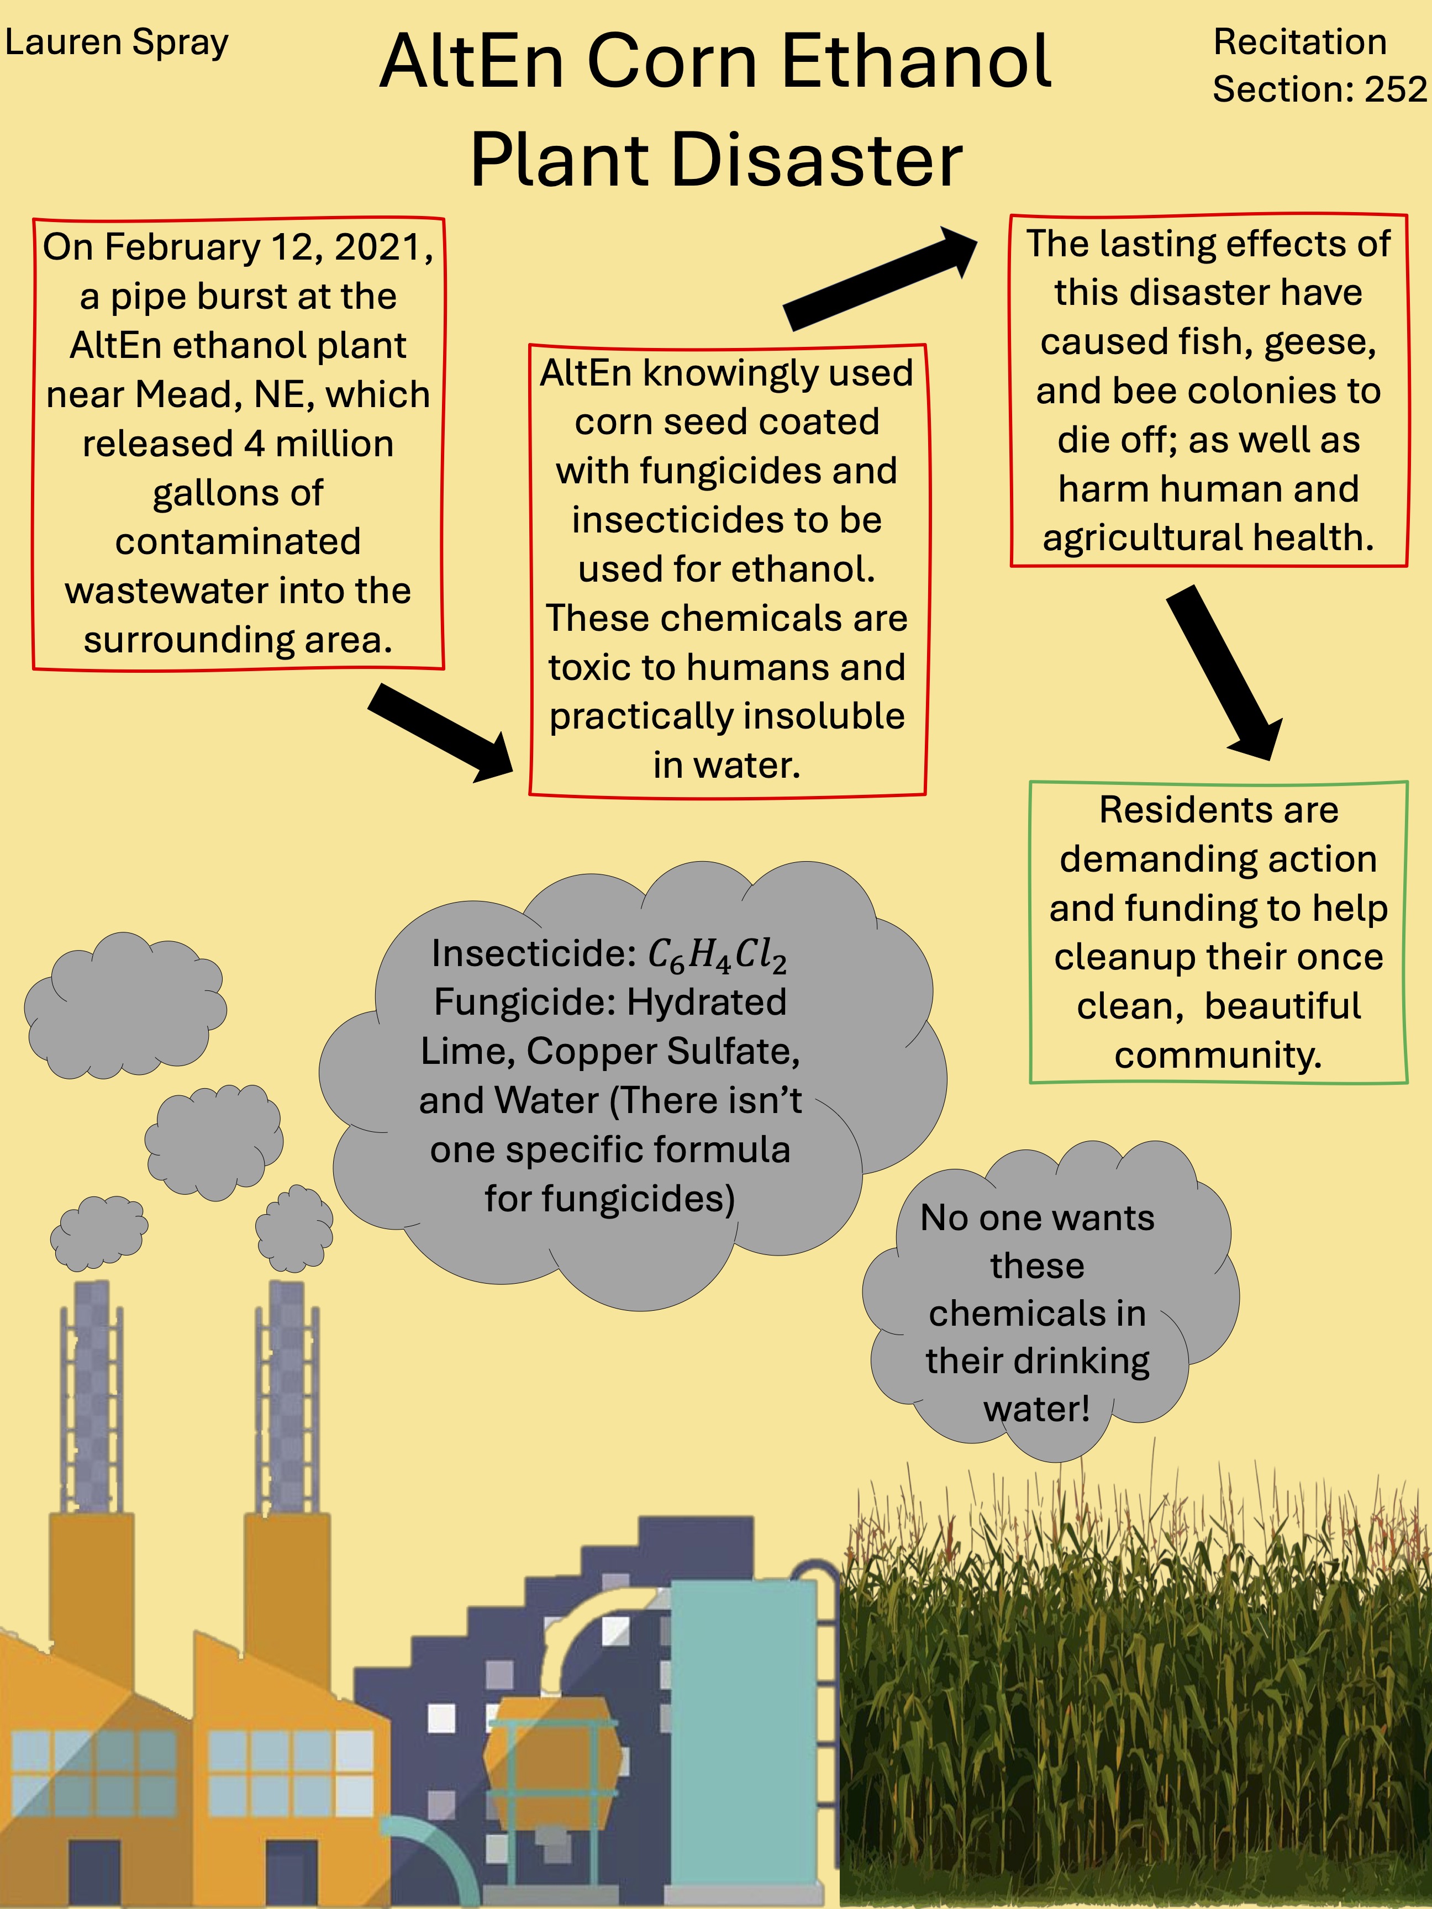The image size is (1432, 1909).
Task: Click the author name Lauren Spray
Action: pos(117,43)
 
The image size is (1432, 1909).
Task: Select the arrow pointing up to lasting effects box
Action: pos(881,279)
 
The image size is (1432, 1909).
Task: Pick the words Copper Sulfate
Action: pos(663,1051)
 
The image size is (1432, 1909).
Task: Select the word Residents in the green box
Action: pos(1219,810)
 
